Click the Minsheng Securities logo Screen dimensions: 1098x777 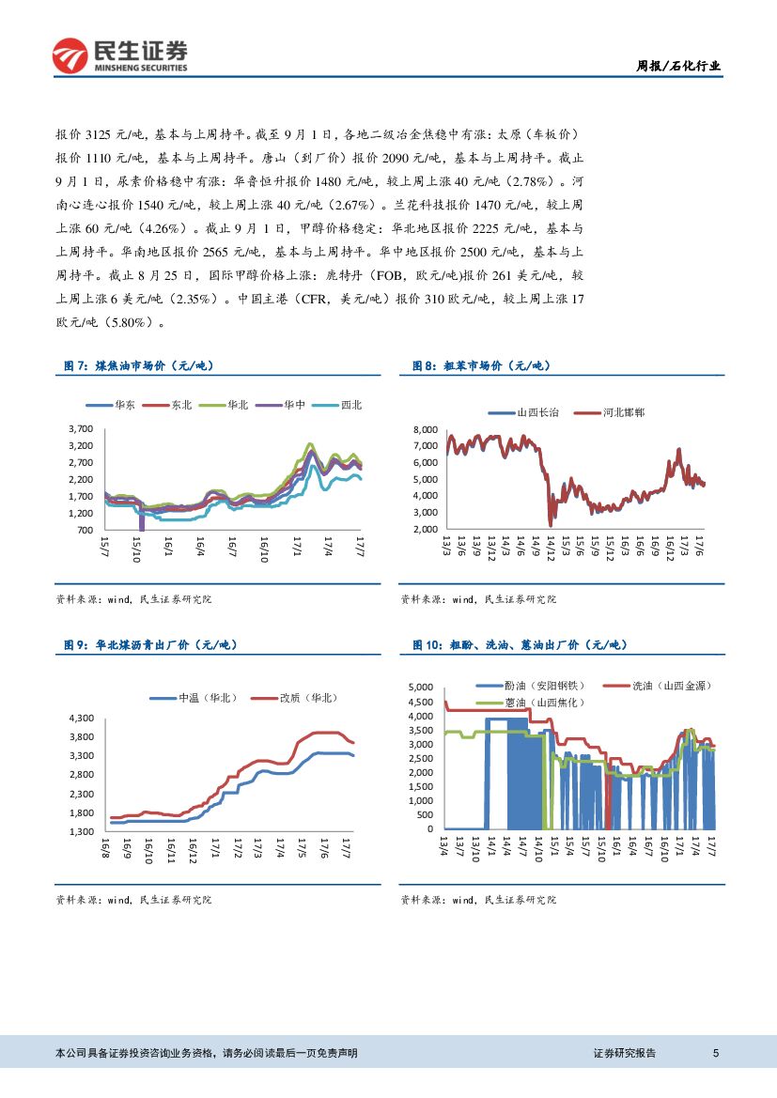pyautogui.click(x=119, y=55)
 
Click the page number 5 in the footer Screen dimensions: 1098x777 pyautogui.click(x=716, y=1053)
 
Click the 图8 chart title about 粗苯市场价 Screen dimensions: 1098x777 pyautogui.click(x=485, y=365)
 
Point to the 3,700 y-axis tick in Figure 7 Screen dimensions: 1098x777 pyautogui.click(x=80, y=428)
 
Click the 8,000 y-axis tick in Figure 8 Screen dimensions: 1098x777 pyautogui.click(x=426, y=428)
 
